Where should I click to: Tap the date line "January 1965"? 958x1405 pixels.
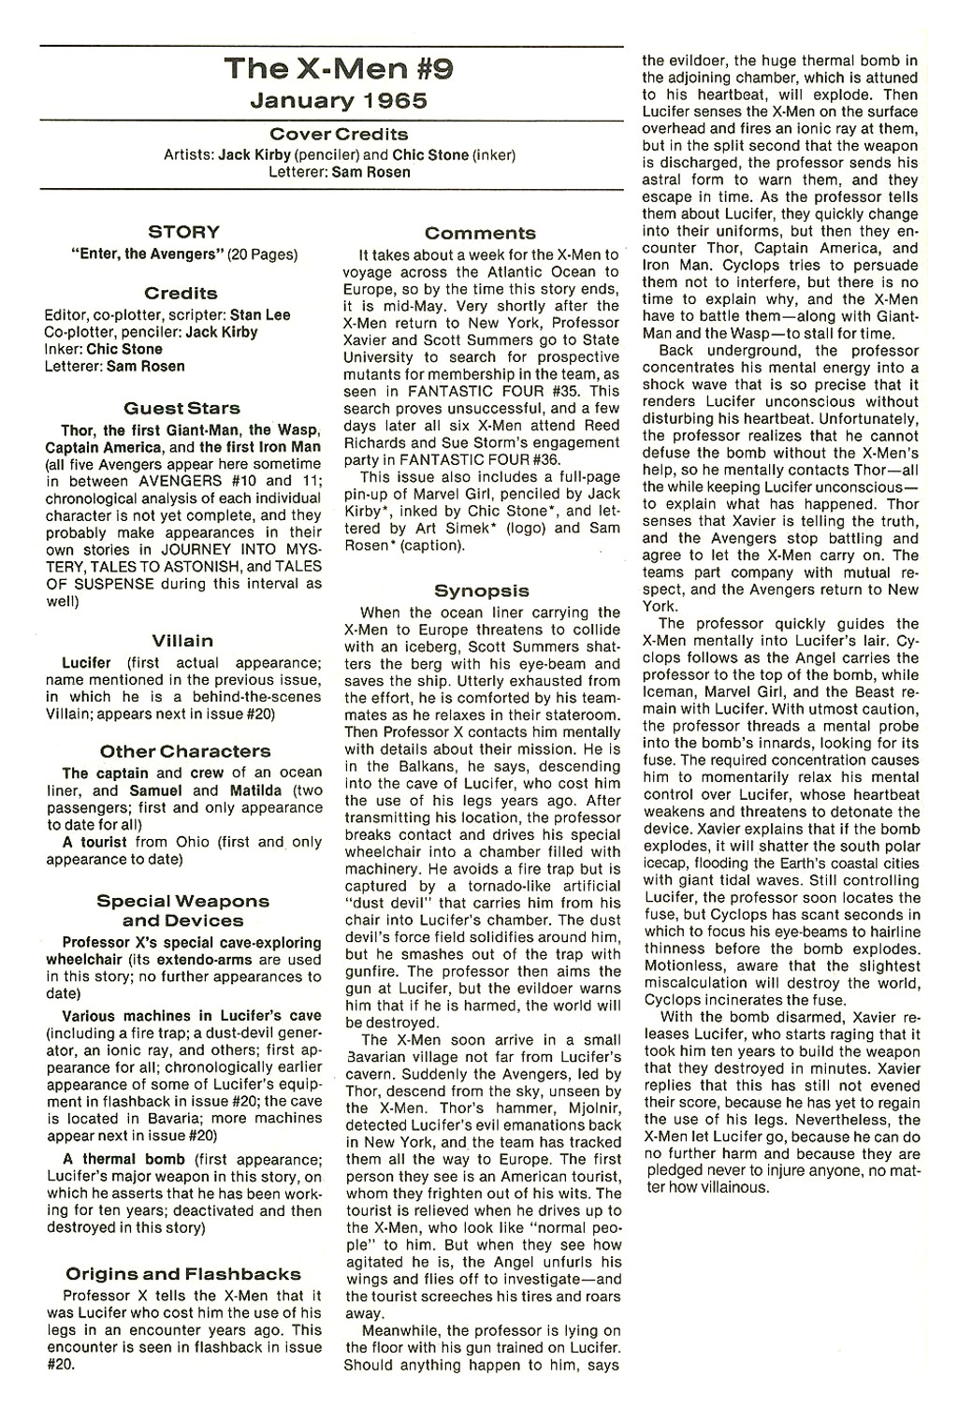click(330, 100)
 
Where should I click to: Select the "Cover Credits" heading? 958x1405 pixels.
click(331, 135)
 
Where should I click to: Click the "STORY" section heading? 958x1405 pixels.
click(184, 232)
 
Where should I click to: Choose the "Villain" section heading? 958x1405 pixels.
click(184, 641)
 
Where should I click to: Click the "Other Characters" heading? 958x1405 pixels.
click(184, 751)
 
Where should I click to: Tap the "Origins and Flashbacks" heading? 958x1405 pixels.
click(183, 1273)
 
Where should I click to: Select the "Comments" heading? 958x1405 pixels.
click(480, 233)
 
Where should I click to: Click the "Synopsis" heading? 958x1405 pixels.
click(481, 590)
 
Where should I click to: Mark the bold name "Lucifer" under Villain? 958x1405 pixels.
click(86, 662)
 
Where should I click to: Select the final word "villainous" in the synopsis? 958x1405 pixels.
click(728, 1187)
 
